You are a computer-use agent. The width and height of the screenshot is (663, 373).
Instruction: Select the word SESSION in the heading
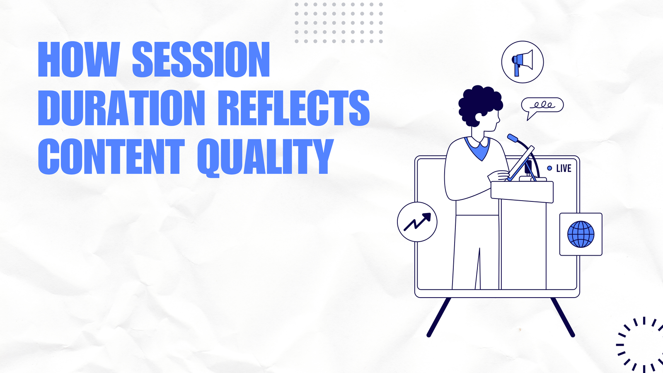click(x=201, y=59)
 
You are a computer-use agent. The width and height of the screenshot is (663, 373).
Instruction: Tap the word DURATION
click(x=121, y=108)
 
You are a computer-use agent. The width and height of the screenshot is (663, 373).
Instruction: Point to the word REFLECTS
click(x=294, y=108)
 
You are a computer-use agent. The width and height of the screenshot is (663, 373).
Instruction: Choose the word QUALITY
click(x=266, y=157)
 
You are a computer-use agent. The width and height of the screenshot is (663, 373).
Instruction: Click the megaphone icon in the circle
click(x=523, y=63)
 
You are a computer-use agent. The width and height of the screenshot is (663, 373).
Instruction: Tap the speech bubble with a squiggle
click(x=542, y=107)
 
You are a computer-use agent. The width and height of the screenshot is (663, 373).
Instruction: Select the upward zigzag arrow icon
click(x=417, y=222)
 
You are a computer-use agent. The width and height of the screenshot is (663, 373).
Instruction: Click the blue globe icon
click(x=581, y=234)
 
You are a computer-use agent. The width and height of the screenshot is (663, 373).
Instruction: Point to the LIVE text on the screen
click(x=564, y=168)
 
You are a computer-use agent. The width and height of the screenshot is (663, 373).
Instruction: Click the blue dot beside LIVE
click(x=549, y=168)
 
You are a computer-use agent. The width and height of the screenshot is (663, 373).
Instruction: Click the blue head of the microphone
click(x=513, y=138)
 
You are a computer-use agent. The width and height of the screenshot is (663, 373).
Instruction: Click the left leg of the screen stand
click(x=439, y=317)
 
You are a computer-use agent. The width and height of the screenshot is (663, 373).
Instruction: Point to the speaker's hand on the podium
click(x=499, y=176)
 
